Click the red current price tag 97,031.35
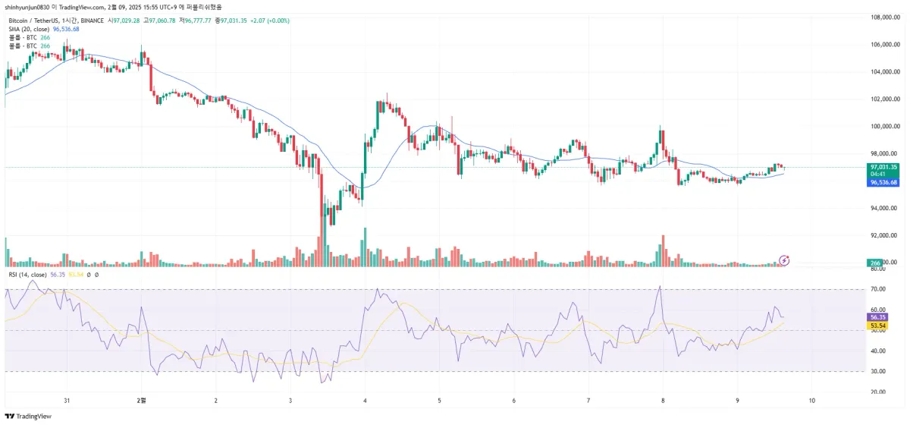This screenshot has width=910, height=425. coord(883,167)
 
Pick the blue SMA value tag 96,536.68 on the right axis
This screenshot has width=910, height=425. coord(883,183)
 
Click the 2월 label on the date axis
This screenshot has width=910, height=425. coord(140,400)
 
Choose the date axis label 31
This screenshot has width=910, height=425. coord(67,400)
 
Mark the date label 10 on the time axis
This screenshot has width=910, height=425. coord(812,400)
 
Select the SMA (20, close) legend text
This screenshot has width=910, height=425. coord(29,29)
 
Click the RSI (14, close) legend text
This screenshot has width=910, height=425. coord(28,274)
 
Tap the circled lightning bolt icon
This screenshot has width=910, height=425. coord(785,260)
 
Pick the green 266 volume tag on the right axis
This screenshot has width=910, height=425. coord(874,263)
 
